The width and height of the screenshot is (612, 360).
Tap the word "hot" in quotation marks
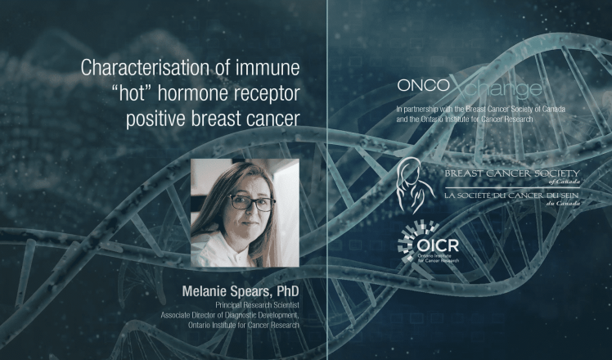[132, 94]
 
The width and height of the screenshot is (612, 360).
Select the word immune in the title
[268, 68]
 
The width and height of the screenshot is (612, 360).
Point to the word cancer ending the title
[273, 119]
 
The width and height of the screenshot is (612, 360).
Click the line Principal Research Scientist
[257, 304]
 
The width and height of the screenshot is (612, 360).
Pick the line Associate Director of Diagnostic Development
[230, 315]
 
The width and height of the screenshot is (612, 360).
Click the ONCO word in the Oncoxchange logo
[424, 86]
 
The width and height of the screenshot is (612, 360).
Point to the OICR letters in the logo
[438, 245]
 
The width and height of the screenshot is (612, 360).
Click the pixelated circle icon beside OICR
[409, 241]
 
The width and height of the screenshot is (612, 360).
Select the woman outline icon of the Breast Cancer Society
[414, 185]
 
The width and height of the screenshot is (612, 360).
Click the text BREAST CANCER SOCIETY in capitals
[512, 173]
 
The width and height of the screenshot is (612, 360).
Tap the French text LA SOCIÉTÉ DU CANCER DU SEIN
[511, 195]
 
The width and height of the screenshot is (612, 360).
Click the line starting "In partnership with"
[480, 110]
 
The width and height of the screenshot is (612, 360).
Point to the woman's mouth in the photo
[250, 223]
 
